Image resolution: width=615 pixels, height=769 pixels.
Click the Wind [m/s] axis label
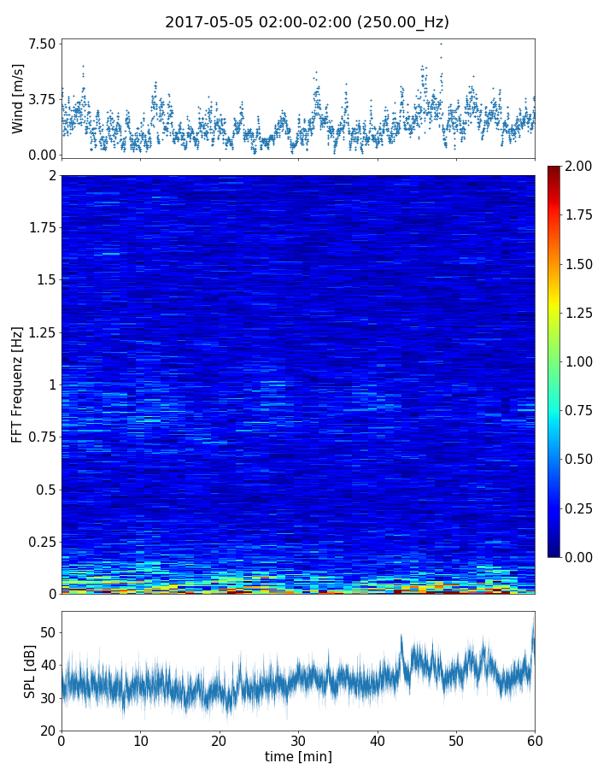pyautogui.click(x=18, y=98)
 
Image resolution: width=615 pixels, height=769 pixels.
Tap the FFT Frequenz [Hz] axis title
pyautogui.click(x=18, y=384)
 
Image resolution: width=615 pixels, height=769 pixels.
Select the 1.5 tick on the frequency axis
pyautogui.click(x=44, y=280)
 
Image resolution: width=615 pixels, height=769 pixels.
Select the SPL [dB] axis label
pyautogui.click(x=30, y=671)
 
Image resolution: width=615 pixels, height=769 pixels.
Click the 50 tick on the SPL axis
pyautogui.click(x=47, y=632)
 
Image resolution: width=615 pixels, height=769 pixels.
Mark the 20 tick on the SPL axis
pyautogui.click(x=47, y=731)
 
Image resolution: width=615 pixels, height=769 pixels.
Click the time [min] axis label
pyautogui.click(x=298, y=756)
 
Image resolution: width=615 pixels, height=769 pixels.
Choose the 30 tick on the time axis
pyautogui.click(x=298, y=740)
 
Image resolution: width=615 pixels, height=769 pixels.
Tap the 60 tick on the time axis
pyautogui.click(x=535, y=740)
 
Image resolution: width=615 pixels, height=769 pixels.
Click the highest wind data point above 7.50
pyautogui.click(x=441, y=43)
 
